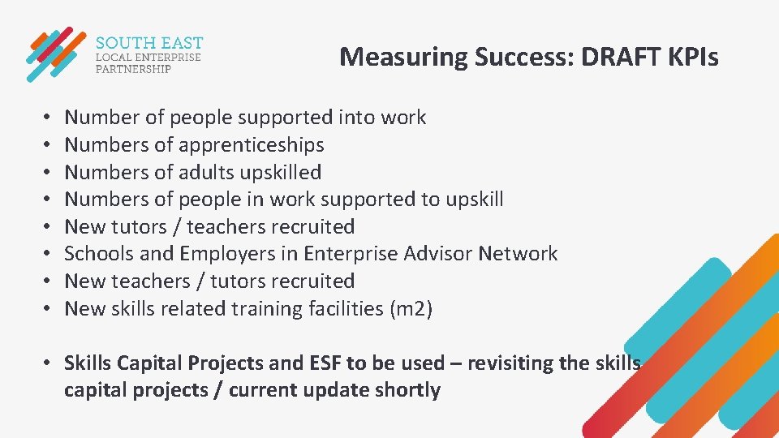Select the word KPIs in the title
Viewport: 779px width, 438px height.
point(692,57)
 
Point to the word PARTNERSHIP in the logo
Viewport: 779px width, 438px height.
point(134,69)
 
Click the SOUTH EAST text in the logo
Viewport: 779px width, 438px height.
point(149,43)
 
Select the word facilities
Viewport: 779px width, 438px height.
point(328,308)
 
